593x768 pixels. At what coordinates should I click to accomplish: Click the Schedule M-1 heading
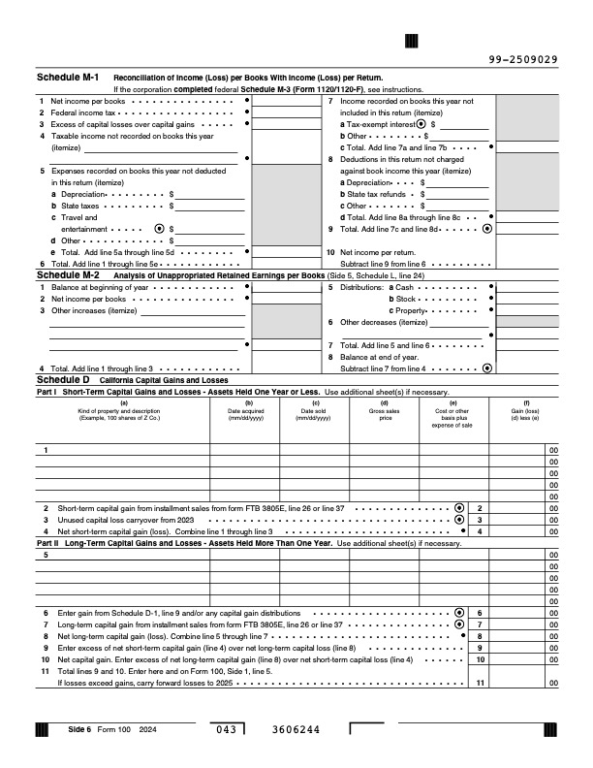67,77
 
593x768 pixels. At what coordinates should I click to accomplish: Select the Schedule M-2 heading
67,275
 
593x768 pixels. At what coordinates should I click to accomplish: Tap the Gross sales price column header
385,410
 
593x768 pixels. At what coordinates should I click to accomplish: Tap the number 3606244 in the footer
292,729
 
